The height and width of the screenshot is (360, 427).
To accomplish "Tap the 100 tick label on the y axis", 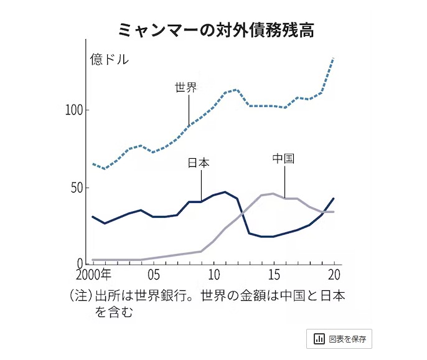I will tap(74, 110).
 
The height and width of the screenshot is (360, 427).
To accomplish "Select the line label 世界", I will tap(186, 88).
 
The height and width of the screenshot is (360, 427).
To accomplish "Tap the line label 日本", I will tap(199, 163).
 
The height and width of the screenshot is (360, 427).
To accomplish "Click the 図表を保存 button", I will tap(339, 339).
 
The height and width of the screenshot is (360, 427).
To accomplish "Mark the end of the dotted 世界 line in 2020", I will tap(334, 58).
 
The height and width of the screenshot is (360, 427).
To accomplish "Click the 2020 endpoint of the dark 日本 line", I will tap(334, 199).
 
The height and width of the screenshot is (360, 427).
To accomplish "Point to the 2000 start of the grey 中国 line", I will tap(93, 260).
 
